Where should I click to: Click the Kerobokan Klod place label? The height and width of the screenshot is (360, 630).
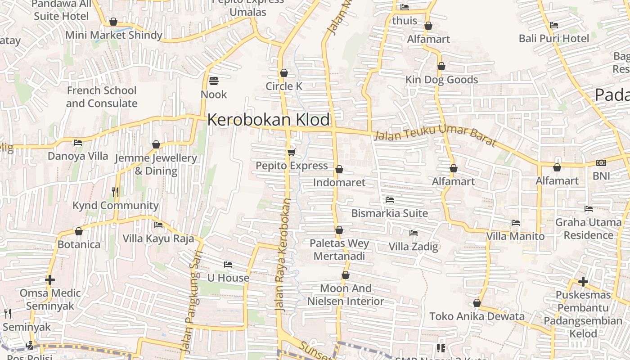269,120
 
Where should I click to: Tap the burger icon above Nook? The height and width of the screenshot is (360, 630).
214,81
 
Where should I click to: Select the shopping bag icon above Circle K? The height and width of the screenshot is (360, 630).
284,73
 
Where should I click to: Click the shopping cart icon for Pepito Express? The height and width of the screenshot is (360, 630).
292,152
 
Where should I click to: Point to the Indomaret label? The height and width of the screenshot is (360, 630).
339,183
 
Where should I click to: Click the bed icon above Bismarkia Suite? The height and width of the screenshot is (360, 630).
390,199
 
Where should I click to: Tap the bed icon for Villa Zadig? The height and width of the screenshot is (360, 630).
413,233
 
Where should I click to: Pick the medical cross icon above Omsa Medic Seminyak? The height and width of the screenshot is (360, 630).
50,280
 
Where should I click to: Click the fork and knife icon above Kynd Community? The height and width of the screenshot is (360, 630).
115,192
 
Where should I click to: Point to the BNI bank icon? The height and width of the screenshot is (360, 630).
601,163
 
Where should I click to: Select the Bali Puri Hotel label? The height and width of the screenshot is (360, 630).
553,38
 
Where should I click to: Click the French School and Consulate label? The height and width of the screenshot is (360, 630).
102,97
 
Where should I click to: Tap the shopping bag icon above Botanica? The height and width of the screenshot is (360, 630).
79,231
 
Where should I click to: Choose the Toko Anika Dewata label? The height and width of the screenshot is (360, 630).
477,316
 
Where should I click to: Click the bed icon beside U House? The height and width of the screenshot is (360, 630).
228,265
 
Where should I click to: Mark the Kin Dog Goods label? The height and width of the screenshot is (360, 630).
441,80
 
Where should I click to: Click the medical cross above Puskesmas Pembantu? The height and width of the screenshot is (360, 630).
583,282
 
